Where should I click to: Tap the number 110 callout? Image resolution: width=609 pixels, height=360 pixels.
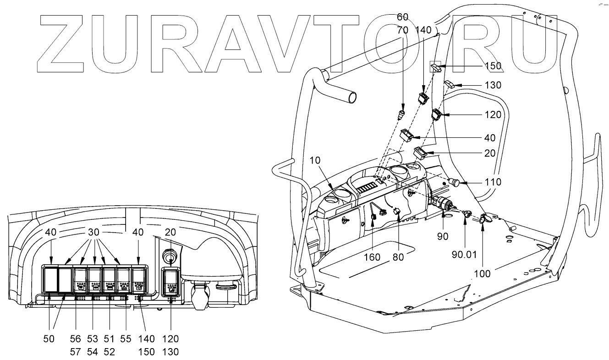click(492, 182)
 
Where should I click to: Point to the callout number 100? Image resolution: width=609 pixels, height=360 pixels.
click(482, 273)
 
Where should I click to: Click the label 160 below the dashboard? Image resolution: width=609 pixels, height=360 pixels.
click(372, 257)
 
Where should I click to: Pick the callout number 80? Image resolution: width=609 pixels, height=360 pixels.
click(398, 257)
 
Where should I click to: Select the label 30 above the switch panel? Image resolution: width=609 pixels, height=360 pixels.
click(93, 233)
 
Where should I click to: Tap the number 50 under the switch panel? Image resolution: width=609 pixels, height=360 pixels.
click(49, 339)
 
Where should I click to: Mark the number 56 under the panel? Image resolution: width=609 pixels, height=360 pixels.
click(76, 339)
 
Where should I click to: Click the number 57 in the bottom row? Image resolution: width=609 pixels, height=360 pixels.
click(76, 352)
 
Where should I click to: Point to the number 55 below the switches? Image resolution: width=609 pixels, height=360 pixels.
click(125, 339)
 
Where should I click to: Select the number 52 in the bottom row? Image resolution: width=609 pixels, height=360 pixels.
click(109, 352)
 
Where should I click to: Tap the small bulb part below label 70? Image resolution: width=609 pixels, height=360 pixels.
click(401, 113)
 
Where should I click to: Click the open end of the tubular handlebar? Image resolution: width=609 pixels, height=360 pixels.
click(351, 97)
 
